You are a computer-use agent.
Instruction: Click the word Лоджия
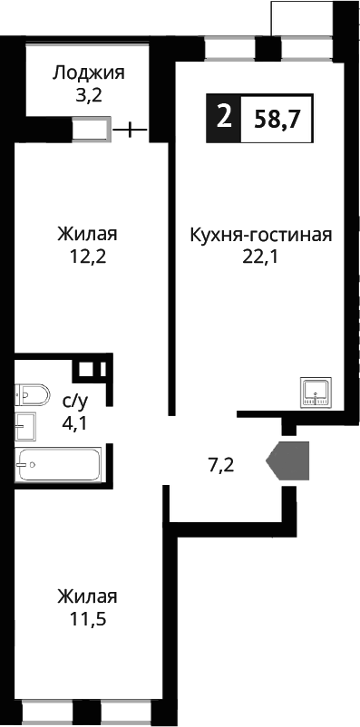[88, 73]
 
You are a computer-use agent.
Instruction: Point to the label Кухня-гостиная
[261, 236]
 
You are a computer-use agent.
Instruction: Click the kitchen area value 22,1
[261, 257]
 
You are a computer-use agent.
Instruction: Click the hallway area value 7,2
[222, 466]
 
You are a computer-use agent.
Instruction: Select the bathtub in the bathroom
[59, 463]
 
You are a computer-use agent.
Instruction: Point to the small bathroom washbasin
[25, 424]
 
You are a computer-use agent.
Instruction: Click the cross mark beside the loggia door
[131, 130]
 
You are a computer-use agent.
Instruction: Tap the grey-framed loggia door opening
[92, 130]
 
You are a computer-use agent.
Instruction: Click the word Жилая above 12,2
[87, 235]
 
